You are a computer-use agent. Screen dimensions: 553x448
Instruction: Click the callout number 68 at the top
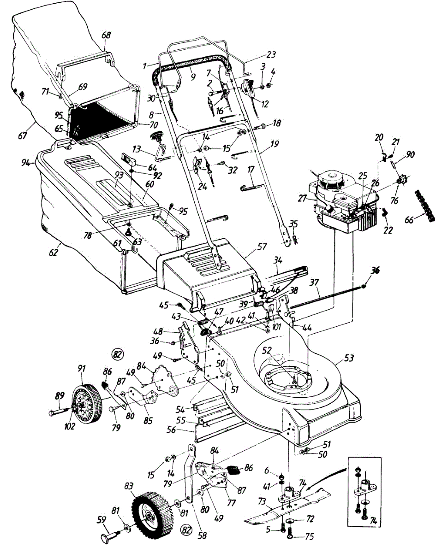click(106, 35)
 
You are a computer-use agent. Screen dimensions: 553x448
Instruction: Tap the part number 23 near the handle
click(271, 54)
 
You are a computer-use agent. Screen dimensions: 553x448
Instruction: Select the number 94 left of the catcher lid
click(26, 163)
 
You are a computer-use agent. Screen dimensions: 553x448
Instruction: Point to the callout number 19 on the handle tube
click(275, 144)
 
